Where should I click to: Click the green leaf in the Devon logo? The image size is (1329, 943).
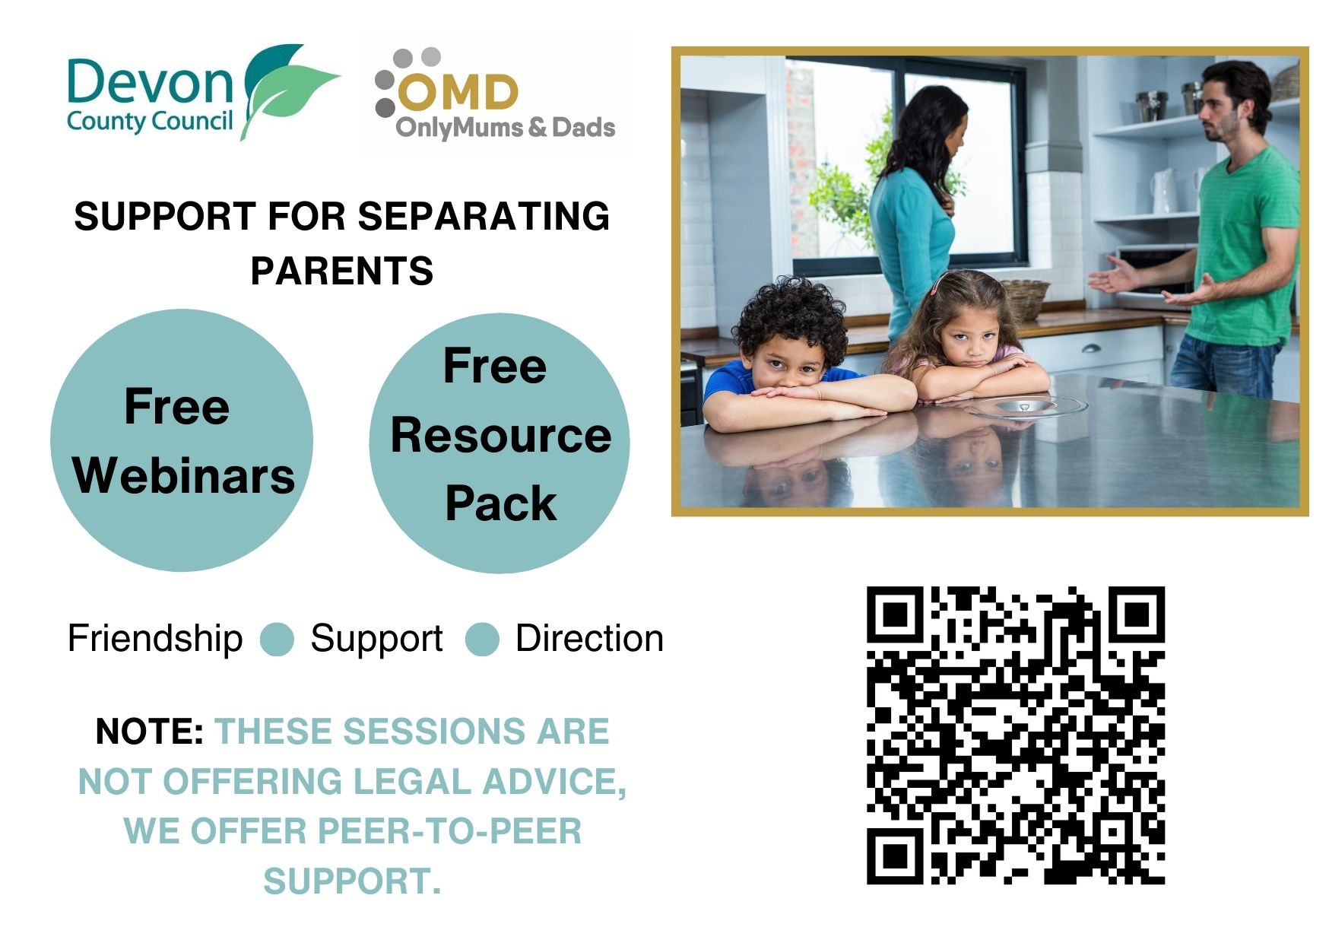point(285,91)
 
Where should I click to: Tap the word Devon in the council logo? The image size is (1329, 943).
point(150,81)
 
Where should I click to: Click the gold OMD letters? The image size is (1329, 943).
point(458,93)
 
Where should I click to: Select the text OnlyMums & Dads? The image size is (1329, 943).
point(506,128)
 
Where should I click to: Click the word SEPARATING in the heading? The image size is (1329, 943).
point(484,216)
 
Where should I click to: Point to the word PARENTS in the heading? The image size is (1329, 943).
point(342,271)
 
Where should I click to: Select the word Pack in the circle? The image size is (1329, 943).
point(501,503)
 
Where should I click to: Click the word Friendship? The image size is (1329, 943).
point(155,638)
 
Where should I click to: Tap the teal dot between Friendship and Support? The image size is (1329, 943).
point(277,639)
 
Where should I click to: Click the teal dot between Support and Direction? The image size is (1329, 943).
point(482,639)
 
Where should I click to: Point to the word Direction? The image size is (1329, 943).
point(589,638)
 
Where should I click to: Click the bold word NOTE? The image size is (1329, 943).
point(149,732)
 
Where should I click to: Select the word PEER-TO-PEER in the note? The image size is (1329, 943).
point(449,831)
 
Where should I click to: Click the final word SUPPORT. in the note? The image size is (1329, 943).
point(352,881)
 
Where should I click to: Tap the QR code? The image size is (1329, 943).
point(1016,735)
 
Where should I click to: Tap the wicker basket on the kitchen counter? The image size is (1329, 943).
point(1026,299)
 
